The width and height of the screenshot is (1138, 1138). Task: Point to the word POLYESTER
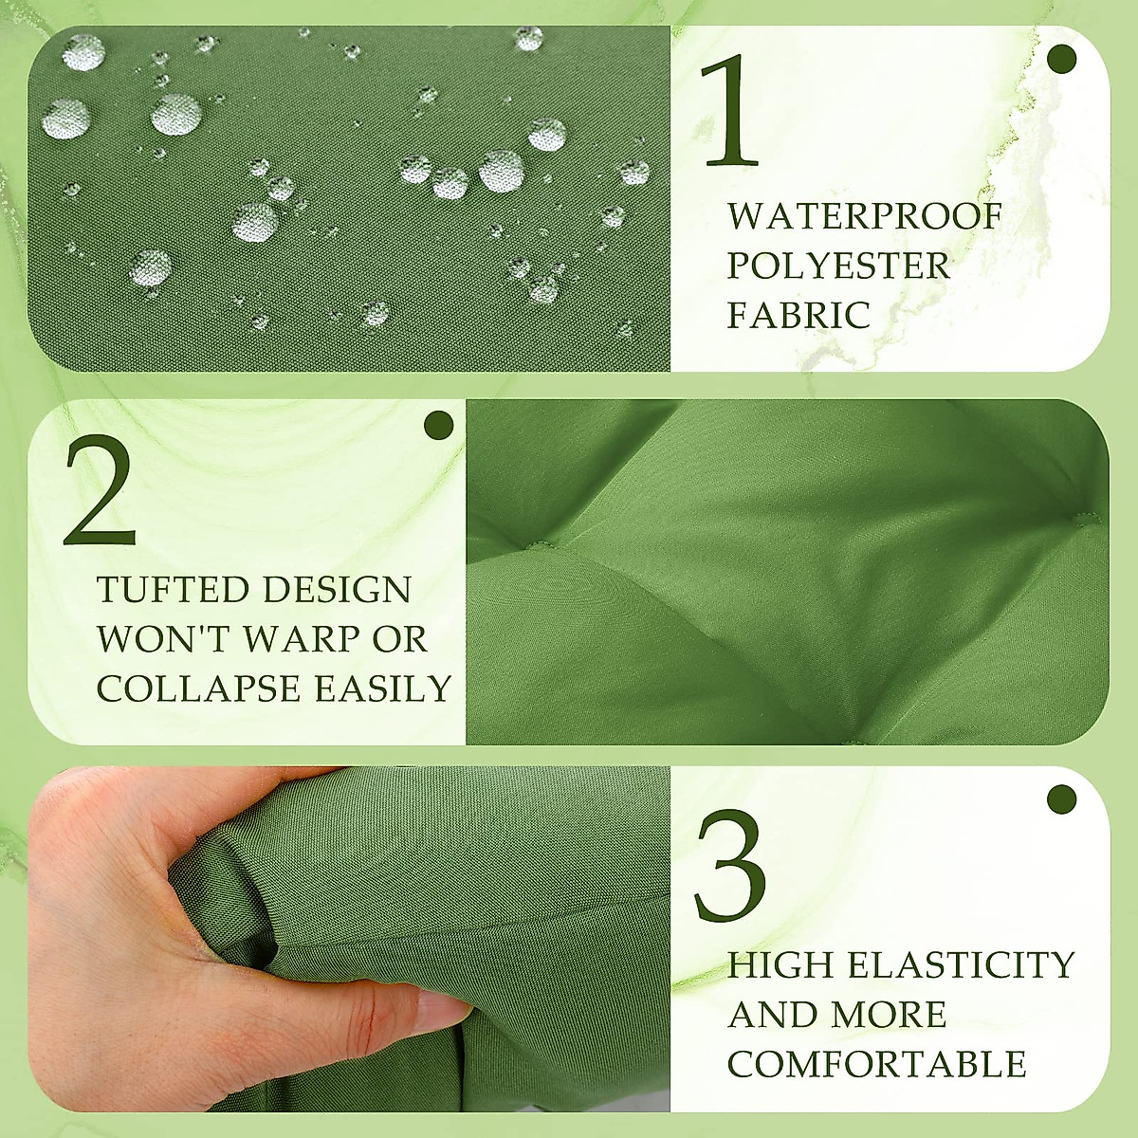point(838,266)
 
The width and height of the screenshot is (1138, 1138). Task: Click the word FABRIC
point(798,316)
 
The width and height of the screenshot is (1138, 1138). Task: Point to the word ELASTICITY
point(961,965)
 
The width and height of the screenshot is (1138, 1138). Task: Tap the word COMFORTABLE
point(877,1064)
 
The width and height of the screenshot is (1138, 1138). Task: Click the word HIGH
point(780,965)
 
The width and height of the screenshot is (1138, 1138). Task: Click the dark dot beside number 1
point(1063,59)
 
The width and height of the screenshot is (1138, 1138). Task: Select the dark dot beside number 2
point(439,425)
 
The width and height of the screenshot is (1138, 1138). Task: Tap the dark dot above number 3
point(1063,799)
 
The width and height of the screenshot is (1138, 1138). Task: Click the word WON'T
point(161,639)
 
